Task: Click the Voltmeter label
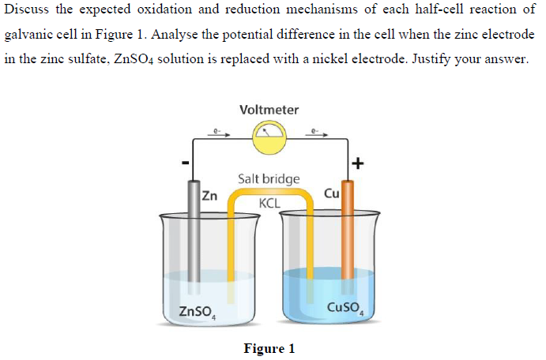(x=269, y=110)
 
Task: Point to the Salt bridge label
(x=269, y=179)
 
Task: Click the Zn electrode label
(x=209, y=194)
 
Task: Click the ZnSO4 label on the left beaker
(x=198, y=310)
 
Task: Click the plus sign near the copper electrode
(x=359, y=164)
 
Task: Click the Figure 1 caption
(x=269, y=348)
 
